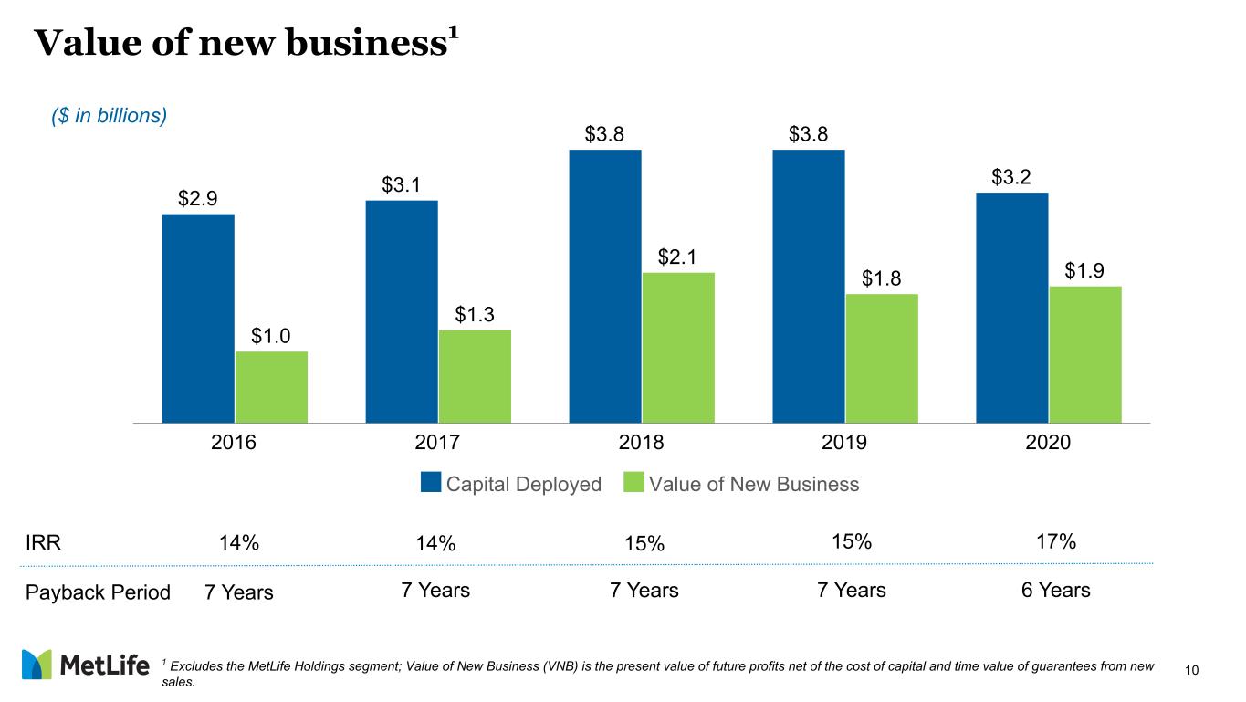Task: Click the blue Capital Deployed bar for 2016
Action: coord(198,319)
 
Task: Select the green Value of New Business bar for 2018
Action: coord(678,348)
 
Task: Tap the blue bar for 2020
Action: coord(1011,308)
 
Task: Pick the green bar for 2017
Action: coord(475,377)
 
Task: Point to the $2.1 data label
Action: coord(677,257)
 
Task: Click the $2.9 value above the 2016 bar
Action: coord(197,199)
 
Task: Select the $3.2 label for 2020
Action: coord(1010,177)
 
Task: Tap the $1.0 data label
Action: coord(270,336)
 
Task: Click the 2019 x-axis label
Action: coord(843,442)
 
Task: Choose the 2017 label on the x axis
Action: coord(437,442)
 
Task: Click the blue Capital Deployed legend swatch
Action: coord(431,482)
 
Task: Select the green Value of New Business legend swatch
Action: coord(633,482)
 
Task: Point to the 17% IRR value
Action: coord(1056,541)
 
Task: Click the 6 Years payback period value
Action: coord(1055,591)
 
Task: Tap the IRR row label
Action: coord(43,542)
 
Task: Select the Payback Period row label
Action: coord(98,592)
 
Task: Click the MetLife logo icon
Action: coord(37,665)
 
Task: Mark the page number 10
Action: coord(1191,670)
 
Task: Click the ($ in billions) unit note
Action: coord(109,116)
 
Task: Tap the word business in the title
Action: coord(367,43)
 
